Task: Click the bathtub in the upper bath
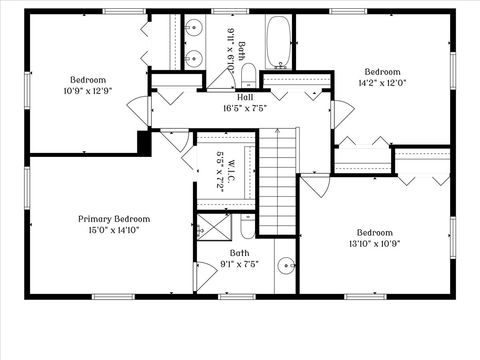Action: (x=278, y=41)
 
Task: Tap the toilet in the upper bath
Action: (x=250, y=72)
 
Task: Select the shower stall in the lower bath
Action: (x=211, y=228)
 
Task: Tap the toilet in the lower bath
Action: (x=247, y=225)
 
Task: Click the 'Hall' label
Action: (x=244, y=97)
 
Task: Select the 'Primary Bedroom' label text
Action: (x=114, y=218)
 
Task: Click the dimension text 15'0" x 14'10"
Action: (x=114, y=229)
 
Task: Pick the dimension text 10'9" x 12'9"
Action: (x=86, y=90)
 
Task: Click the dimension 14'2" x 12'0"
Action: (x=382, y=83)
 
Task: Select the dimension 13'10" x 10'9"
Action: (x=375, y=243)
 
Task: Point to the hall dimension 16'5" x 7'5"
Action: (x=244, y=108)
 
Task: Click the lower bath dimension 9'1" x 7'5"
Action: (x=240, y=264)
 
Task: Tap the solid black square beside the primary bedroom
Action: (x=143, y=143)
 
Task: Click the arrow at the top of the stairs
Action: (x=279, y=134)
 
